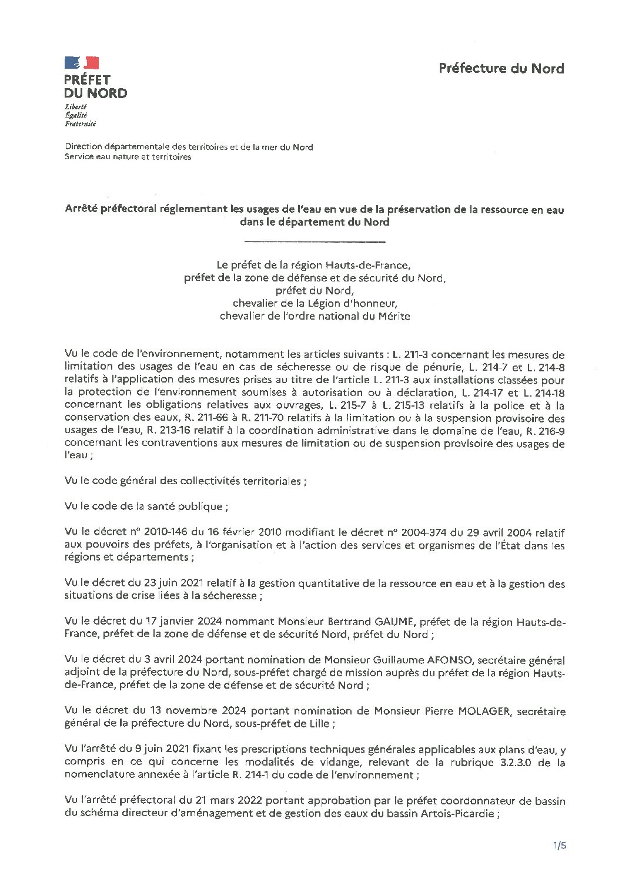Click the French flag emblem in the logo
[82, 63]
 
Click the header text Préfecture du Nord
[501, 68]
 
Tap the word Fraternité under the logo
[81, 124]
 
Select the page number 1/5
[559, 846]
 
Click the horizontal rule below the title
[315, 241]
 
